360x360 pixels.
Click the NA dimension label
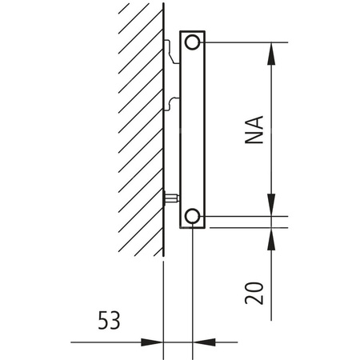tap(254, 127)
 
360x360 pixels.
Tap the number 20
tap(254, 292)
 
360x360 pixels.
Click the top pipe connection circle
tap(192, 42)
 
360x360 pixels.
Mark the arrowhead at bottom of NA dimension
tap(273, 206)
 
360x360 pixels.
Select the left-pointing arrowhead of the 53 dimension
tap(203, 342)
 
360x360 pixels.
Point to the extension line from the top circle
tap(240, 42)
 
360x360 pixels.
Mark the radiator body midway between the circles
tap(192, 128)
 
